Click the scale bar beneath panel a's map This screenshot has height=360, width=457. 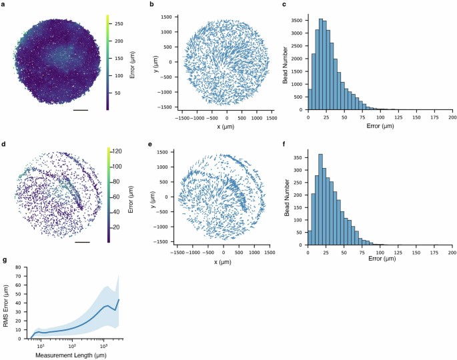click(81, 109)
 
